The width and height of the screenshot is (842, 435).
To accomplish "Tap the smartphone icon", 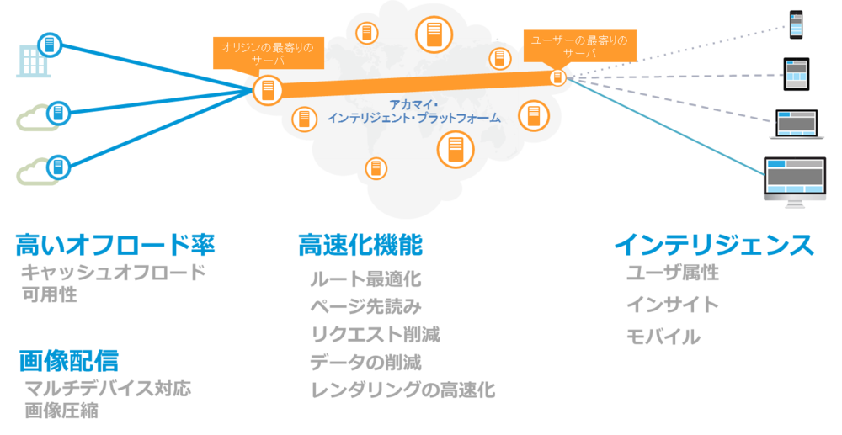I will (796, 24).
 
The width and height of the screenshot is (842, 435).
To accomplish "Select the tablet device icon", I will (796, 74).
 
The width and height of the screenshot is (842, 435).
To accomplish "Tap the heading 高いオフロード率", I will (115, 245).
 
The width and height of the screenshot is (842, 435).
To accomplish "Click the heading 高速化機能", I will (360, 245).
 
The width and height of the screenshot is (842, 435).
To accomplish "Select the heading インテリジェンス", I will (714, 245).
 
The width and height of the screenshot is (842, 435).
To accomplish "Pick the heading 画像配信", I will (68, 361).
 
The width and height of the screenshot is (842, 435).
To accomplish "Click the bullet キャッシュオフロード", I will (113, 273).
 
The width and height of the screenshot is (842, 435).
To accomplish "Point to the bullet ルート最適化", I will (365, 279).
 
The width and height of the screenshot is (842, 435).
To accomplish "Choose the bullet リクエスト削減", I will (375, 334).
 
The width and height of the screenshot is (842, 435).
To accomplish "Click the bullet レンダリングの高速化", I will (402, 390).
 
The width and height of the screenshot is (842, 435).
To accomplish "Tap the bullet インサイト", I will (673, 305).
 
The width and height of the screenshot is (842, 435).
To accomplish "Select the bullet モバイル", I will (663, 337).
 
